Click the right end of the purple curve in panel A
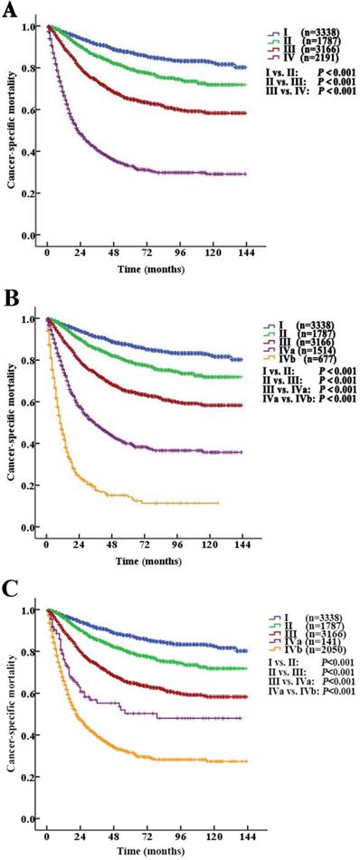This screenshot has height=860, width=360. (x=246, y=199)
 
